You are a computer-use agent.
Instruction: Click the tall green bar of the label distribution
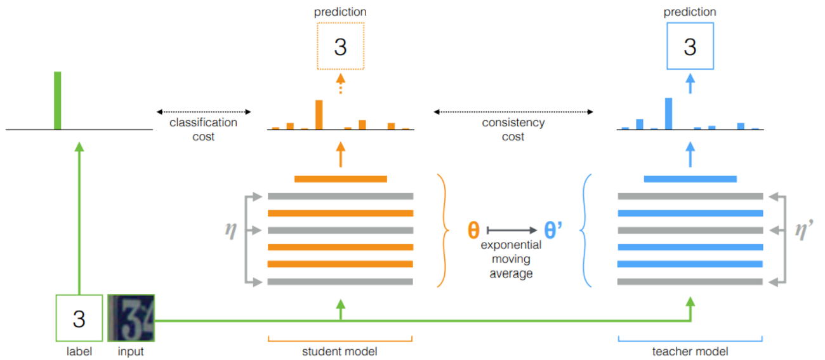coord(58,100)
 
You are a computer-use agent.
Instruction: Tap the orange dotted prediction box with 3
coord(340,46)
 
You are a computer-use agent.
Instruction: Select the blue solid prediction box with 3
coord(690,46)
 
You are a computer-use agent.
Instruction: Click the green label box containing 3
coord(79,318)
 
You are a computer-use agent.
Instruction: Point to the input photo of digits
coord(131,317)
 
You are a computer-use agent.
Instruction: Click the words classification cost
coord(203,129)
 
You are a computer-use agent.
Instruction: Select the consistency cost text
coord(513,129)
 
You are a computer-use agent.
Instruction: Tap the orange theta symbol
coord(473,230)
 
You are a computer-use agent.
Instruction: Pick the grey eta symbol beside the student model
coord(230,230)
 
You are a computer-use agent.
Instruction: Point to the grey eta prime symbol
coord(803,230)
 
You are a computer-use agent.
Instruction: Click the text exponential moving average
coord(511,259)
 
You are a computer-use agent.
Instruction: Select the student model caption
coord(340,351)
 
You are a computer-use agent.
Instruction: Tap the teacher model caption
coord(690,351)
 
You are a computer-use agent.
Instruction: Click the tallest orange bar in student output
coord(319,114)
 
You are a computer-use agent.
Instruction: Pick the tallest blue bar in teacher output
coord(668,113)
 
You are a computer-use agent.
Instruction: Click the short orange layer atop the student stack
coord(340,179)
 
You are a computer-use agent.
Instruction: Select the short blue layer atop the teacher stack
coord(690,179)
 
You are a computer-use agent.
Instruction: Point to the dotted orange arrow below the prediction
coord(340,84)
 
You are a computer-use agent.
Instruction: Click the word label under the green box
coord(79,351)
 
